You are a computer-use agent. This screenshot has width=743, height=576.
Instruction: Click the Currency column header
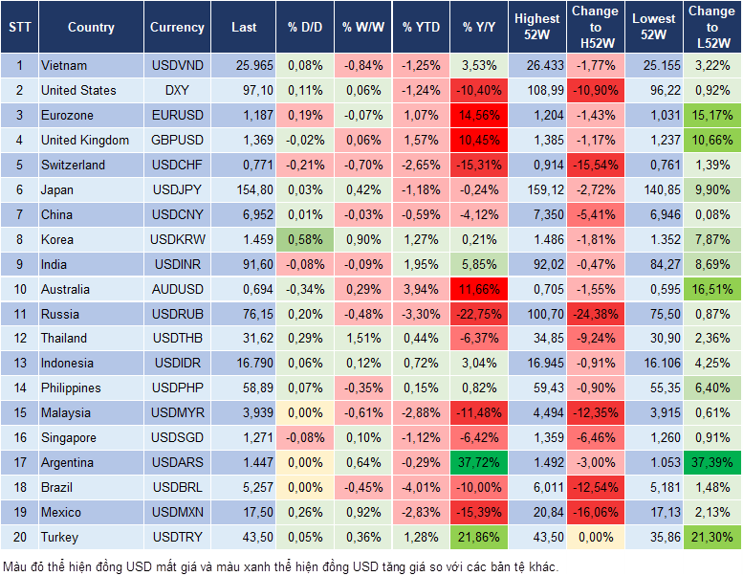pos(177,28)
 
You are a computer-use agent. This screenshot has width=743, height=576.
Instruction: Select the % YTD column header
pos(421,28)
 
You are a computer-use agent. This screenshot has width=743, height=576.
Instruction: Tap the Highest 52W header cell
pos(536,27)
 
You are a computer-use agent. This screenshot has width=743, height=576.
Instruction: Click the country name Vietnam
pos(64,66)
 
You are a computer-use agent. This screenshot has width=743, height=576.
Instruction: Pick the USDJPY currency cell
pos(177,189)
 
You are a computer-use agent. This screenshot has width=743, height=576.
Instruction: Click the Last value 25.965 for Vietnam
pos(251,66)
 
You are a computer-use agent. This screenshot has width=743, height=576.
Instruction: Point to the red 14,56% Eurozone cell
pos(479,115)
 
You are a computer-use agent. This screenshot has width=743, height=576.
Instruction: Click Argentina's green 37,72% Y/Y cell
pos(479,462)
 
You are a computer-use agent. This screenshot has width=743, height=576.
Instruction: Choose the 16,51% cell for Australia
pos(711,289)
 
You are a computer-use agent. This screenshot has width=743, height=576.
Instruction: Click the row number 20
pos(19,537)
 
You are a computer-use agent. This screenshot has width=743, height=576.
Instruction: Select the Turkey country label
pos(59,537)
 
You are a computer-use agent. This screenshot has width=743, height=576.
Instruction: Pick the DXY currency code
pos(177,91)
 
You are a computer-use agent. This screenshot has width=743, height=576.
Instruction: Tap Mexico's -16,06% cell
pos(596,512)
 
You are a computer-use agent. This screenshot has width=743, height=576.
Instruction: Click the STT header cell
pos(19,28)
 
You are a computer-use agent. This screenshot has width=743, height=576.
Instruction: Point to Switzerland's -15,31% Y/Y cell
pos(479,165)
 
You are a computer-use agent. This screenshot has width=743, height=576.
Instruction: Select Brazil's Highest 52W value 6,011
pos(536,487)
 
